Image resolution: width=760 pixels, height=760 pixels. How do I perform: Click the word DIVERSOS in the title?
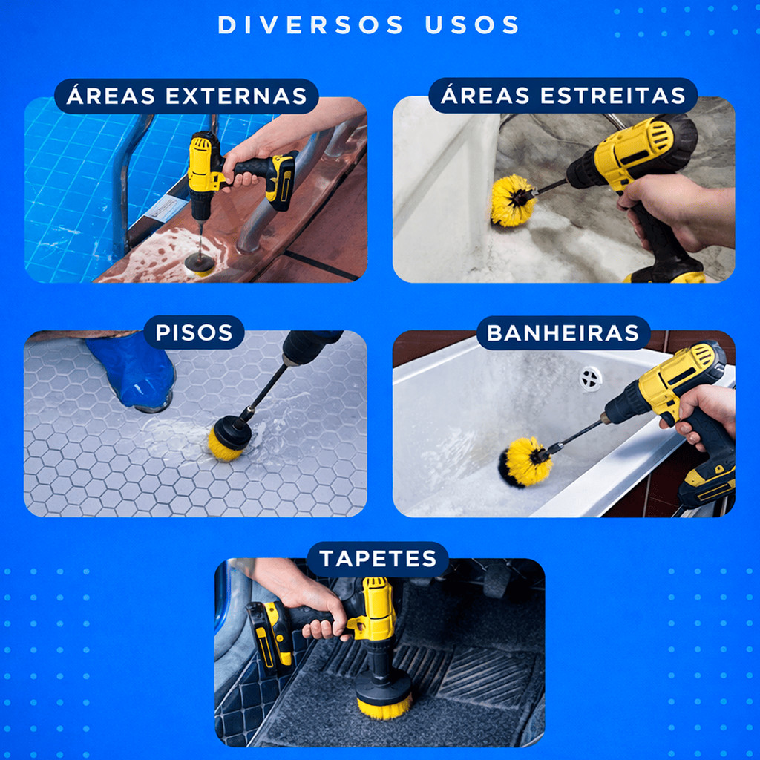311,24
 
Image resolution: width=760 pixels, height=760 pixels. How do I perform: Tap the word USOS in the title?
471,24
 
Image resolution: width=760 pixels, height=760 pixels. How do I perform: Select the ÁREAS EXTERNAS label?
186,96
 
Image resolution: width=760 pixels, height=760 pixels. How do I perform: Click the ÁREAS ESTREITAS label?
563,95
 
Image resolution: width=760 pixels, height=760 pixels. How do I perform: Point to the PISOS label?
194,332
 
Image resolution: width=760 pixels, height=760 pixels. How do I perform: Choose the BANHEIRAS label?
563,333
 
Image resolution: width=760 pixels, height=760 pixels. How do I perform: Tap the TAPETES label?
378,558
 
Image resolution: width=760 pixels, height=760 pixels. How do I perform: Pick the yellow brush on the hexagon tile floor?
229,439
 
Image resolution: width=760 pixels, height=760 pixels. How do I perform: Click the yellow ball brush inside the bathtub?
525,462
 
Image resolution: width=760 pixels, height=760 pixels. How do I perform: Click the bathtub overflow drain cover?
590,378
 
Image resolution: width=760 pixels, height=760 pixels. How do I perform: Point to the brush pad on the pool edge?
200,263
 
